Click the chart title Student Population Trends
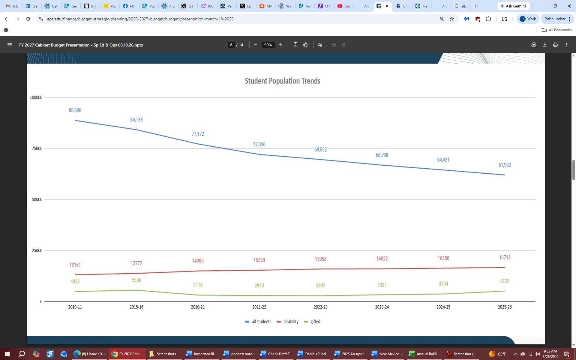click(x=282, y=81)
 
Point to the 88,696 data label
click(x=75, y=110)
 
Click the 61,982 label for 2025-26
click(x=505, y=165)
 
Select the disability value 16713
click(x=505, y=257)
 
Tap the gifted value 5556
click(x=136, y=280)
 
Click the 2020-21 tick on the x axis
click(x=198, y=307)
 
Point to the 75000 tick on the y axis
click(x=37, y=148)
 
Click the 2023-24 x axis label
click(x=382, y=307)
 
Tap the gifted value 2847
click(x=320, y=285)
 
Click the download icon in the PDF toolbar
click(x=545, y=45)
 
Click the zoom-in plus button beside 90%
click(x=281, y=45)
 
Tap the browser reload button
click(x=28, y=19)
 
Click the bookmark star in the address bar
click(x=452, y=19)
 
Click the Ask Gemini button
click(x=513, y=6)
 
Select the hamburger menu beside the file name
click(x=10, y=45)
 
